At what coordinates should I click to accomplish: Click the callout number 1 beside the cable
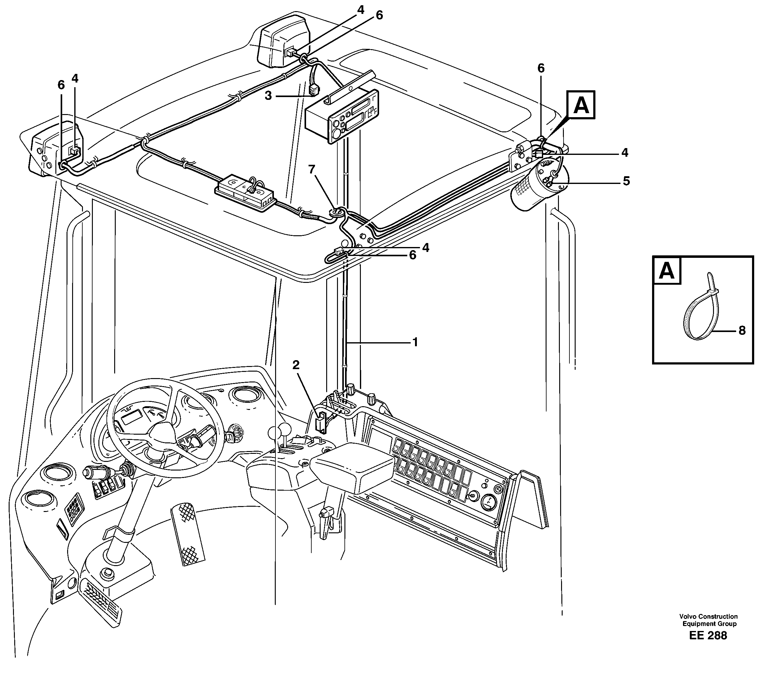415,342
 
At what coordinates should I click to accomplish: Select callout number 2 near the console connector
296,364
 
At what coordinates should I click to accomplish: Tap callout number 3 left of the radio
268,96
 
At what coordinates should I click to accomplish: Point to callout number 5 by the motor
626,181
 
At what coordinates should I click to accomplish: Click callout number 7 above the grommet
311,169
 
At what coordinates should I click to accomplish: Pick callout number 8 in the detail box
742,330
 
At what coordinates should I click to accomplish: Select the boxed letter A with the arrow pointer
581,105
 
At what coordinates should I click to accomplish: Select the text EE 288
708,636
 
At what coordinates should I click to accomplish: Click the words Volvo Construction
708,616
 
